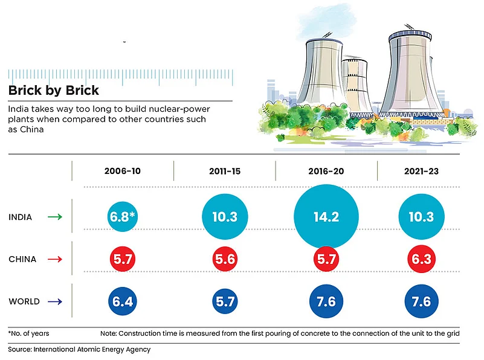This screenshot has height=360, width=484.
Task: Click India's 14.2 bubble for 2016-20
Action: tap(326, 216)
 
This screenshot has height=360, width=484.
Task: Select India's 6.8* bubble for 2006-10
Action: tap(123, 216)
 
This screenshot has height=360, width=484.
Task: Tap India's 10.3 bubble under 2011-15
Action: tap(225, 216)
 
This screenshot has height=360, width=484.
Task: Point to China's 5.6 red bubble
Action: tap(225, 259)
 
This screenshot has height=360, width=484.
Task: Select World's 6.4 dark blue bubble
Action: tap(123, 301)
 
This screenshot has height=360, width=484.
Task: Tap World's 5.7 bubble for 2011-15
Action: tap(225, 301)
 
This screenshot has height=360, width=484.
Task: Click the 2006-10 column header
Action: tap(123, 171)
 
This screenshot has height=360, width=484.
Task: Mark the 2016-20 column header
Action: tap(326, 171)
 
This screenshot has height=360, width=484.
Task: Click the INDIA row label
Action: tap(21, 216)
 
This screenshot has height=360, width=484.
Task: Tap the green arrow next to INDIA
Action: tap(55, 216)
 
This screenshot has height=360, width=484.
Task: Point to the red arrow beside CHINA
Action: tap(55, 259)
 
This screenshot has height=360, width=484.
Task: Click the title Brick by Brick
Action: tap(54, 91)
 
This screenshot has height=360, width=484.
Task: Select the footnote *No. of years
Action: tap(29, 333)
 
